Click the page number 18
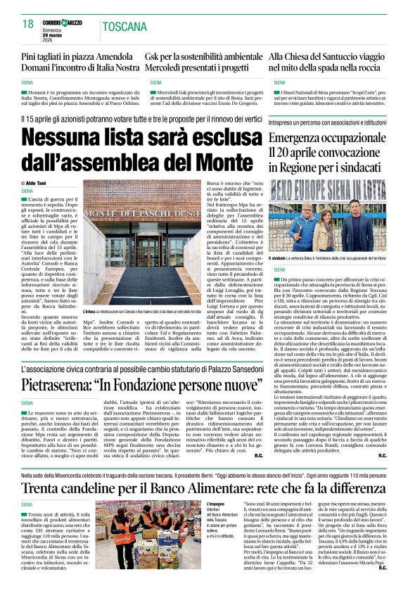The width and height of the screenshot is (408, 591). coord(27,24)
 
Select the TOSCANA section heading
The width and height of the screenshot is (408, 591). coord(124,27)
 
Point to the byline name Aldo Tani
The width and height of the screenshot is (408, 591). coord(39,182)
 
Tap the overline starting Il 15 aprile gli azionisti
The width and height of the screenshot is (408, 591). coord(141,120)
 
